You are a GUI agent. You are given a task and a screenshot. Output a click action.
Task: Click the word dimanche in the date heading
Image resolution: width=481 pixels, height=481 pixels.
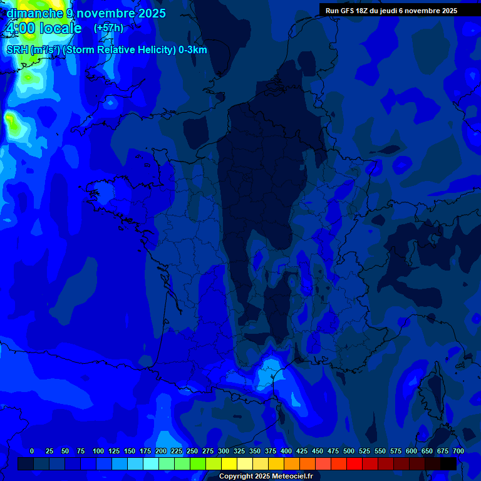coord(34,13)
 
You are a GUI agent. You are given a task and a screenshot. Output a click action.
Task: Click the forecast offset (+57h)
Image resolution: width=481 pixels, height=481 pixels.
coord(108,28)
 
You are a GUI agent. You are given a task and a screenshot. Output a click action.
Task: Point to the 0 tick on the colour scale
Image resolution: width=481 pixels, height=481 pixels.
coord(32,451)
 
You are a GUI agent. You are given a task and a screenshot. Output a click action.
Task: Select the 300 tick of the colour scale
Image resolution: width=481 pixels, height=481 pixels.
coord(224,451)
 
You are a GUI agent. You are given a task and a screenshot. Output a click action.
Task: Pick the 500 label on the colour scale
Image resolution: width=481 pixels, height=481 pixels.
coord(349,451)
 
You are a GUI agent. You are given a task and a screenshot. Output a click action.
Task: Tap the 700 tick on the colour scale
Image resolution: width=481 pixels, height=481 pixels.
coord(458,451)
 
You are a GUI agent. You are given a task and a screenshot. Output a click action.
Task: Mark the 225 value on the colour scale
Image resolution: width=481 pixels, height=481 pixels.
coord(177,451)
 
